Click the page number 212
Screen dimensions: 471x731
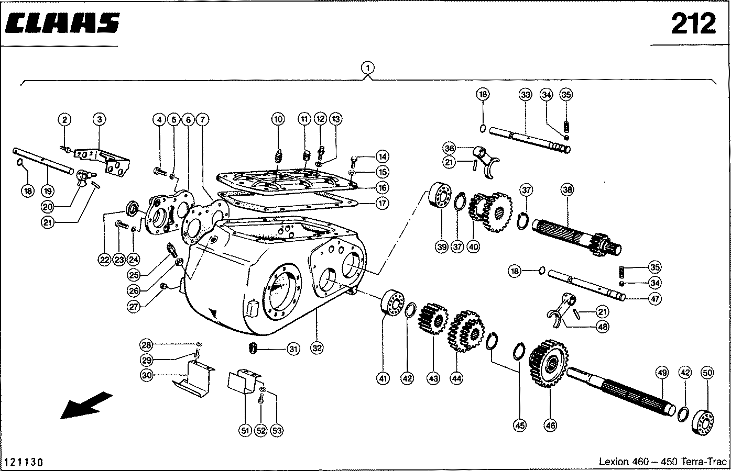tap(693, 24)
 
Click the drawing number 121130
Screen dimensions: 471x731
tap(24, 462)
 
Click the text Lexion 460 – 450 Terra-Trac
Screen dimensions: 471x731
tap(663, 462)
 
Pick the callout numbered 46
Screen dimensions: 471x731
tap(550, 425)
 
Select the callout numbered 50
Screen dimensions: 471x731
tap(707, 373)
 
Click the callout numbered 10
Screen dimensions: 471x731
tap(278, 119)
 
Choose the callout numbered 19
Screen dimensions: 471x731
tap(47, 191)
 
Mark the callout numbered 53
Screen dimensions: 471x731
tap(277, 431)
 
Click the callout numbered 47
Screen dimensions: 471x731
tap(654, 299)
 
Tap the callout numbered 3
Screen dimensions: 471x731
tap(99, 119)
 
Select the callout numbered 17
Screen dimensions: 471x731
tap(383, 203)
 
